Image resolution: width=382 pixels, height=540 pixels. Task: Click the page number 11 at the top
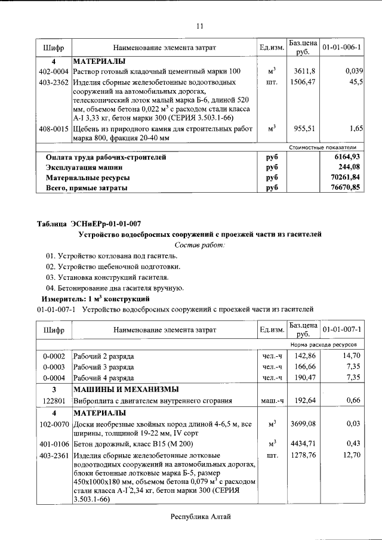pos(200,26)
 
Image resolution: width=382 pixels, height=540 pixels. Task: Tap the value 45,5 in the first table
pos(356,82)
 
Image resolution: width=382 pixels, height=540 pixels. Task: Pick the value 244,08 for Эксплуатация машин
pos(352,168)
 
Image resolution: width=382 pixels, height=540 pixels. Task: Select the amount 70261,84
pos(349,178)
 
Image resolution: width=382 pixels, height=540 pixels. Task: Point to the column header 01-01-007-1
pos(345,329)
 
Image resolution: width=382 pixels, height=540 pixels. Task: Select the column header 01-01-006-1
pos(345,47)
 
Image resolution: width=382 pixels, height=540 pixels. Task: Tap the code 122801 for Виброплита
pos(53,400)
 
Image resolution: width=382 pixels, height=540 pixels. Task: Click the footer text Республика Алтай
pos(200,517)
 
